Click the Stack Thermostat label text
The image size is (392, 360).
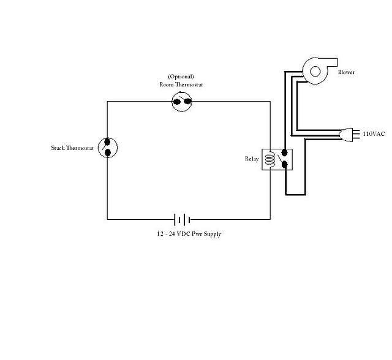(x=72, y=148)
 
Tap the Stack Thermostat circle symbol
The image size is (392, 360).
(x=98, y=148)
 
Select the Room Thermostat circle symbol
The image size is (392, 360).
(x=172, y=102)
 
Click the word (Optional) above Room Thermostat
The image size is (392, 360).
(x=181, y=76)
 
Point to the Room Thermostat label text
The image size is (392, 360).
(x=181, y=84)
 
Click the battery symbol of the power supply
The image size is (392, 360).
(x=183, y=220)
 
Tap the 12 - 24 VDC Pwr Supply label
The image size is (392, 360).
(x=189, y=234)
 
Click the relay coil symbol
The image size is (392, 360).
(x=269, y=159)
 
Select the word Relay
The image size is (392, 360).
(x=252, y=159)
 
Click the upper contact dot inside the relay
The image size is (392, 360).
(x=284, y=152)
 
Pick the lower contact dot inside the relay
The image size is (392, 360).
(x=284, y=164)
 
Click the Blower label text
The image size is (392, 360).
(x=346, y=72)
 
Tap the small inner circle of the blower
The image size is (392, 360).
(x=315, y=72)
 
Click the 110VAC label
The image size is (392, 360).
(x=374, y=134)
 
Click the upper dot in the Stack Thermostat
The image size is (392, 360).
(x=107, y=142)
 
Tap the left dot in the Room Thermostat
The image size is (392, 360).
(x=177, y=102)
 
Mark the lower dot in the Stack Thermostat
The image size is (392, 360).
(x=108, y=152)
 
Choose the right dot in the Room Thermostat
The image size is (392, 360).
(x=187, y=102)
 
